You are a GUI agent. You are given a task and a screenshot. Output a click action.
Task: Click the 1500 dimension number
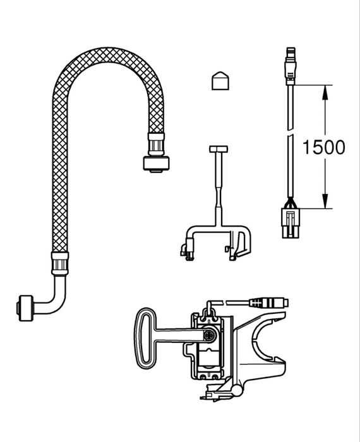(323, 148)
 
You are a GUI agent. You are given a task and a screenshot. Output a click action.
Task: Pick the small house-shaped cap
(219, 81)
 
